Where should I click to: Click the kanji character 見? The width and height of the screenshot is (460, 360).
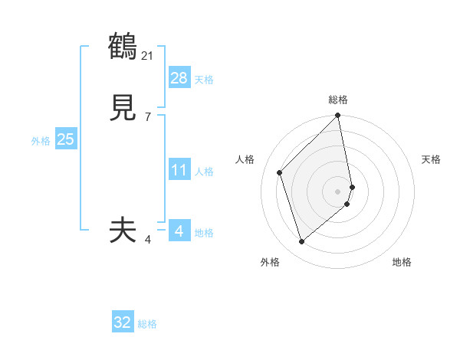coord(123,109)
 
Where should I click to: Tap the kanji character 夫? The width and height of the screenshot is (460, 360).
coord(123,230)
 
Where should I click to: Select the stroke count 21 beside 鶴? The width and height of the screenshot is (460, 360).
coord(148,55)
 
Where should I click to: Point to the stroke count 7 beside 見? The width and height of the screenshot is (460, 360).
coord(147,116)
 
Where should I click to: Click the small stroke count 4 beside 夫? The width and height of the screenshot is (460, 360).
coord(147,240)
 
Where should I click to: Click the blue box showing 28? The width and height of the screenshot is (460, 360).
coord(179,77)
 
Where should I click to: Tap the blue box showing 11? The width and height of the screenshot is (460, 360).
coord(179,170)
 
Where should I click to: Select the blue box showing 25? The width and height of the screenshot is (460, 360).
coord(66,139)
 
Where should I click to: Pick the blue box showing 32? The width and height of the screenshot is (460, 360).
coord(123,322)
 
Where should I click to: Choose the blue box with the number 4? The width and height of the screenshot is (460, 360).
coord(179,231)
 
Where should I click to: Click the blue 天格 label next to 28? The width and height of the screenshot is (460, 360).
coord(204,80)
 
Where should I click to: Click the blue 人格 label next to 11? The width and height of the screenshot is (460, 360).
coord(204,172)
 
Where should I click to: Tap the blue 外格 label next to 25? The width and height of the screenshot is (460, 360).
coord(41,141)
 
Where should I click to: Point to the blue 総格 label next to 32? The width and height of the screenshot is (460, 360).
coord(147,324)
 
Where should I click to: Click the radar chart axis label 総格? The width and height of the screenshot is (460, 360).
coord(338,100)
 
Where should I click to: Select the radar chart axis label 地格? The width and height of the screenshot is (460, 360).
coord(402,262)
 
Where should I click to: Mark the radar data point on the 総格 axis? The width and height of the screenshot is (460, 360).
coord(338,116)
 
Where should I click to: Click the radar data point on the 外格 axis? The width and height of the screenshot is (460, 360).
coord(301,241)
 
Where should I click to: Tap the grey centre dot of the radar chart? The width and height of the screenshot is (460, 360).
coord(338,191)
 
